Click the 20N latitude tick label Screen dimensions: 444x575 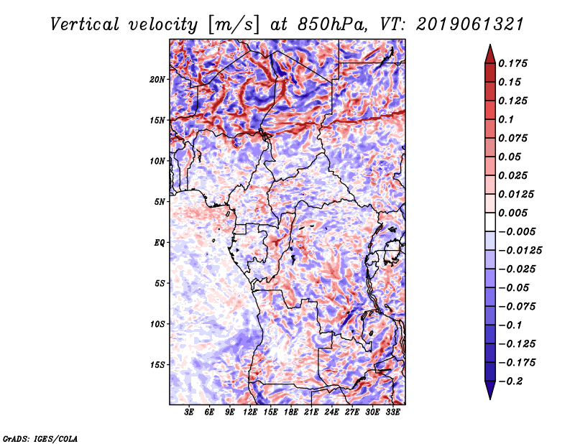point(157,79)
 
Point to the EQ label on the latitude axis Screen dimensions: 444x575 point(159,242)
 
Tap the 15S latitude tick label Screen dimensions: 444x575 point(157,364)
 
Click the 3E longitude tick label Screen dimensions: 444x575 point(190,412)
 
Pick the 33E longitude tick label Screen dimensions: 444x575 point(392,412)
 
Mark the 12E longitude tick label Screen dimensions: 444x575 point(251,412)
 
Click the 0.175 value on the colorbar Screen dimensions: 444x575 point(514,63)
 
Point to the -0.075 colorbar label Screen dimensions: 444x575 point(517,306)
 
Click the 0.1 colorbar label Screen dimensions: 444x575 point(507,119)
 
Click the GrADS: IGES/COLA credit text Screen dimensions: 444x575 point(40,438)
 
